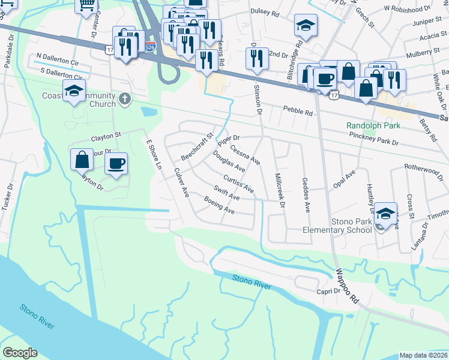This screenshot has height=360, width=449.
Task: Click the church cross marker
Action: (124, 98)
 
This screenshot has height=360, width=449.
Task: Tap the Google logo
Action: (19, 353)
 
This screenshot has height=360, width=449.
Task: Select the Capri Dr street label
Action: (328, 291)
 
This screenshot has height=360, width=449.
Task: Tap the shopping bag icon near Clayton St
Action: (82, 160)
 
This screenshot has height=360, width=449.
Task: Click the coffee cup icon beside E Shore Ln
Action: (116, 163)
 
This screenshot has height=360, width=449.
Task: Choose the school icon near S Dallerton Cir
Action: (74, 91)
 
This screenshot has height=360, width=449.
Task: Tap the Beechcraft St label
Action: (197, 147)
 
